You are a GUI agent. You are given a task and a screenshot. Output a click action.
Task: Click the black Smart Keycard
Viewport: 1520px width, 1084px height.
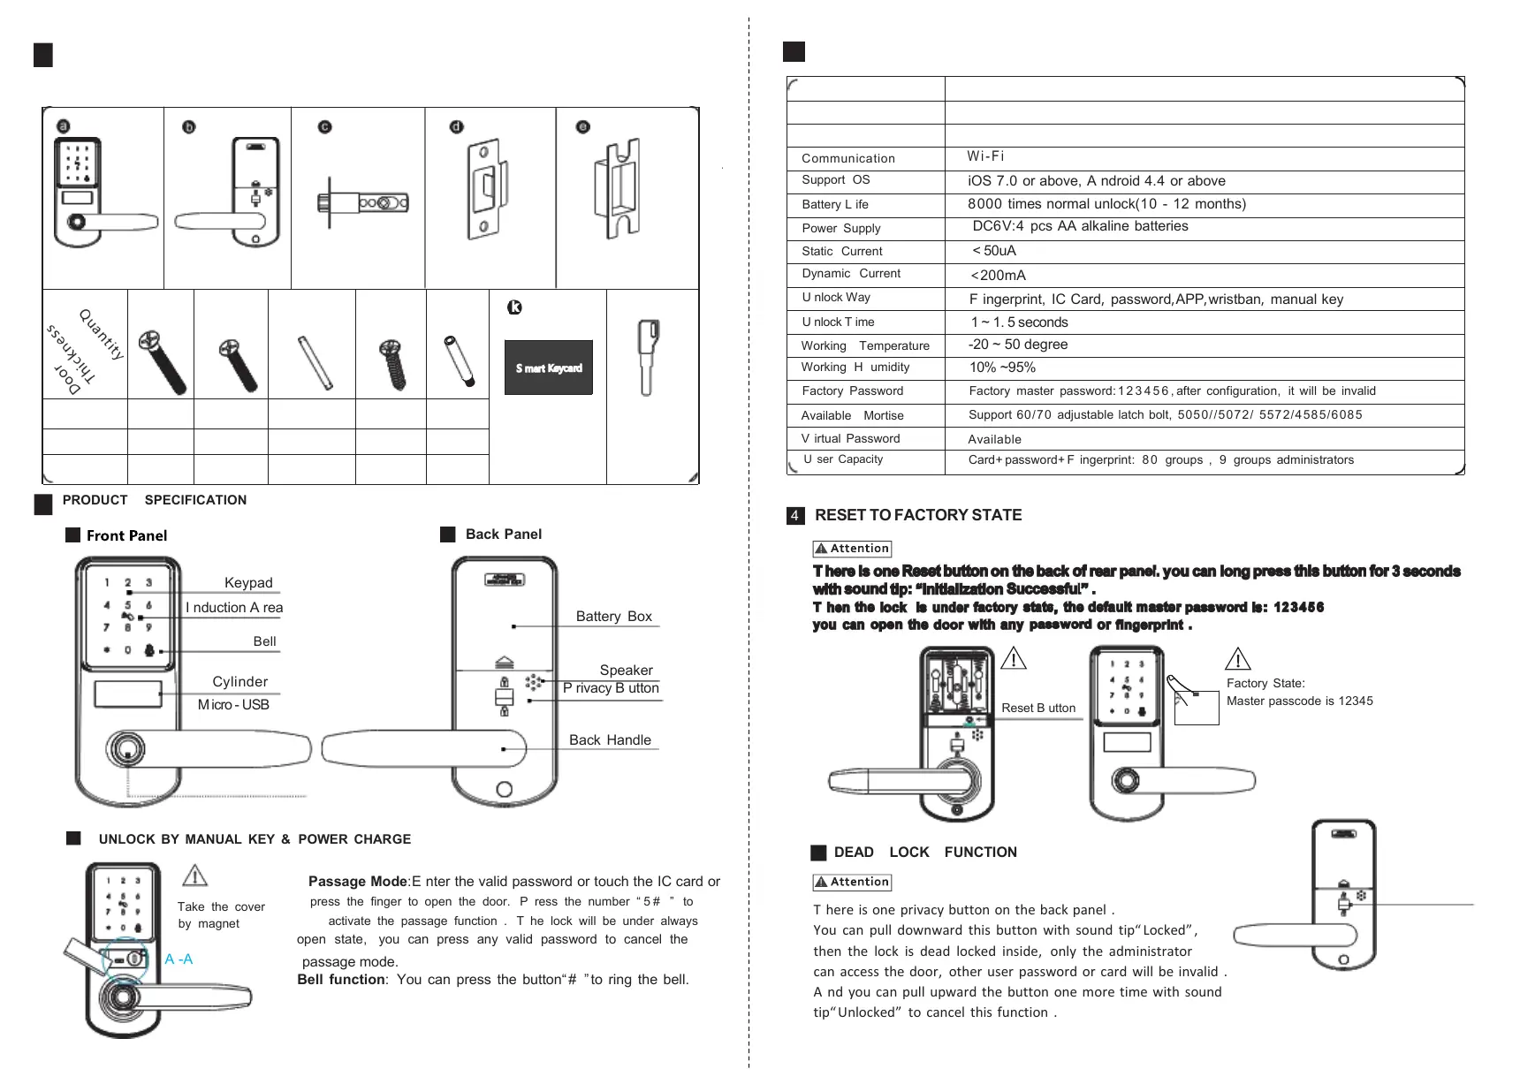548,368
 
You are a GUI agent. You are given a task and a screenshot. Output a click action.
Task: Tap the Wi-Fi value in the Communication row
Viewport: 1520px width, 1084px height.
985,156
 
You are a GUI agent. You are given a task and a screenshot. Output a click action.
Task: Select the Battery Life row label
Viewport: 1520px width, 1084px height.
834,204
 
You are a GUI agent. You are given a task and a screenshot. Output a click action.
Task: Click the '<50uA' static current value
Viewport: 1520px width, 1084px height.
994,251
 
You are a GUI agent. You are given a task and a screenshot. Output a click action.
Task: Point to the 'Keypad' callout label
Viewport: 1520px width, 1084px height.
248,583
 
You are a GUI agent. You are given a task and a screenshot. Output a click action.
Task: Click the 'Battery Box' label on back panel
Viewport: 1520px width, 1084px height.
613,617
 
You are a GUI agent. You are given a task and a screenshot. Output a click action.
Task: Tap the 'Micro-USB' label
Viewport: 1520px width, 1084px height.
233,705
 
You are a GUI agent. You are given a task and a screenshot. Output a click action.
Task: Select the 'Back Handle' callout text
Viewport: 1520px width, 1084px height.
610,740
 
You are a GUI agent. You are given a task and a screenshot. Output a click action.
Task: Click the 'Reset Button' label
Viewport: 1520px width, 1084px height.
1038,709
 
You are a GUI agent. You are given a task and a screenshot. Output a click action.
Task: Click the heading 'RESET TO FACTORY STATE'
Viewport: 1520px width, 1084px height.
917,515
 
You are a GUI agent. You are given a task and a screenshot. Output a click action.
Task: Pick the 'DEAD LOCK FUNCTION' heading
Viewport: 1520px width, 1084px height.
924,853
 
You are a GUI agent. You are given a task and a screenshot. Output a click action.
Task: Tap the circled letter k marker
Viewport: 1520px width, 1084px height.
513,307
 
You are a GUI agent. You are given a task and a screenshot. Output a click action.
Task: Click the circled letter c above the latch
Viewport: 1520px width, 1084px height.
325,127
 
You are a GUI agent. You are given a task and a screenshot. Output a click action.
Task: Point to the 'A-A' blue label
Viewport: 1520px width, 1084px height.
179,959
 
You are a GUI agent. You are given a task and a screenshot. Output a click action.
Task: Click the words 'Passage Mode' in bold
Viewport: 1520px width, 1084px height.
358,882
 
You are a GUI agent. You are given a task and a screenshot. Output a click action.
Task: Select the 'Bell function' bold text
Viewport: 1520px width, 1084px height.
341,980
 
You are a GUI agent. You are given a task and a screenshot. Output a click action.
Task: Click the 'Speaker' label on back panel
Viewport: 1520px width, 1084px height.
626,671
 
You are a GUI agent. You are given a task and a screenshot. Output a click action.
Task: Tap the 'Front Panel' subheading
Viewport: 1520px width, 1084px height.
126,535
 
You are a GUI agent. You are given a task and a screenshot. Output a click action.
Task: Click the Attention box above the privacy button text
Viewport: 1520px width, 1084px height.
852,883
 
